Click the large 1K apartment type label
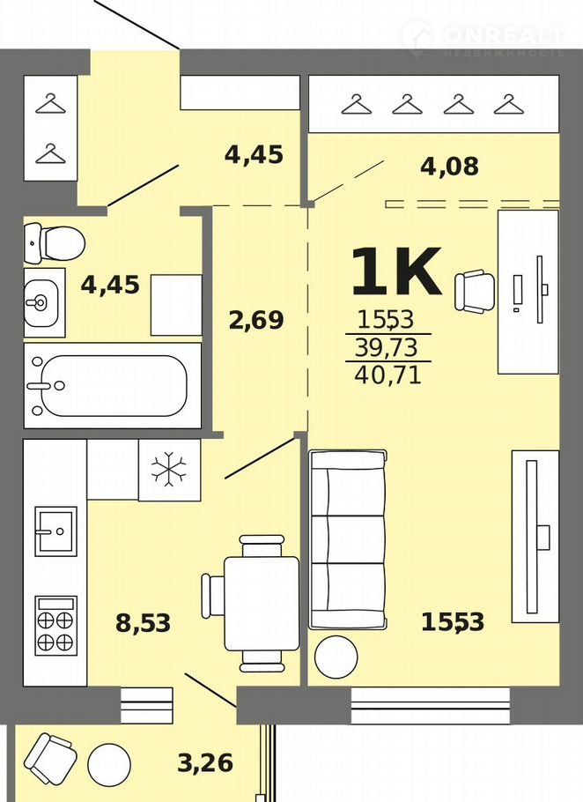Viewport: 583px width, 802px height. pos(396,271)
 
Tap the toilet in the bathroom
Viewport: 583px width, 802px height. pos(55,243)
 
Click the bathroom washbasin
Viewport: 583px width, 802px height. pos(42,303)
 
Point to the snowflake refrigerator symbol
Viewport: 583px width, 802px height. pos(169,470)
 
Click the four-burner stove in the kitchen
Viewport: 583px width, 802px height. pos(55,626)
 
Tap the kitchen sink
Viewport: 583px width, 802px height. pos(55,531)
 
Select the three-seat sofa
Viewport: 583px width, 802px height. pos(348,539)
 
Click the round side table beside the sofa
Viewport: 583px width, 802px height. pos(336,657)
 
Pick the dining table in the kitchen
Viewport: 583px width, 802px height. pos(262,604)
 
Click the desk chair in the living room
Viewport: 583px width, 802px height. pos(475,292)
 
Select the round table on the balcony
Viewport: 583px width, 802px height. pos(109,765)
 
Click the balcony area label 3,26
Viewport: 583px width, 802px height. pos(205,763)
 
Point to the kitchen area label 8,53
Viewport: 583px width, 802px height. pos(143,623)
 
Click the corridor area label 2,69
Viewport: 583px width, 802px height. pos(256,320)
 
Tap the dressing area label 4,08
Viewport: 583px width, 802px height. pos(450,167)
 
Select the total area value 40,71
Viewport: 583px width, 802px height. pos(387,375)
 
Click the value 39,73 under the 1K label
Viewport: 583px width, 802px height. pos(387,348)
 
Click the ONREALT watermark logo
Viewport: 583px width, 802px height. pos(483,39)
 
